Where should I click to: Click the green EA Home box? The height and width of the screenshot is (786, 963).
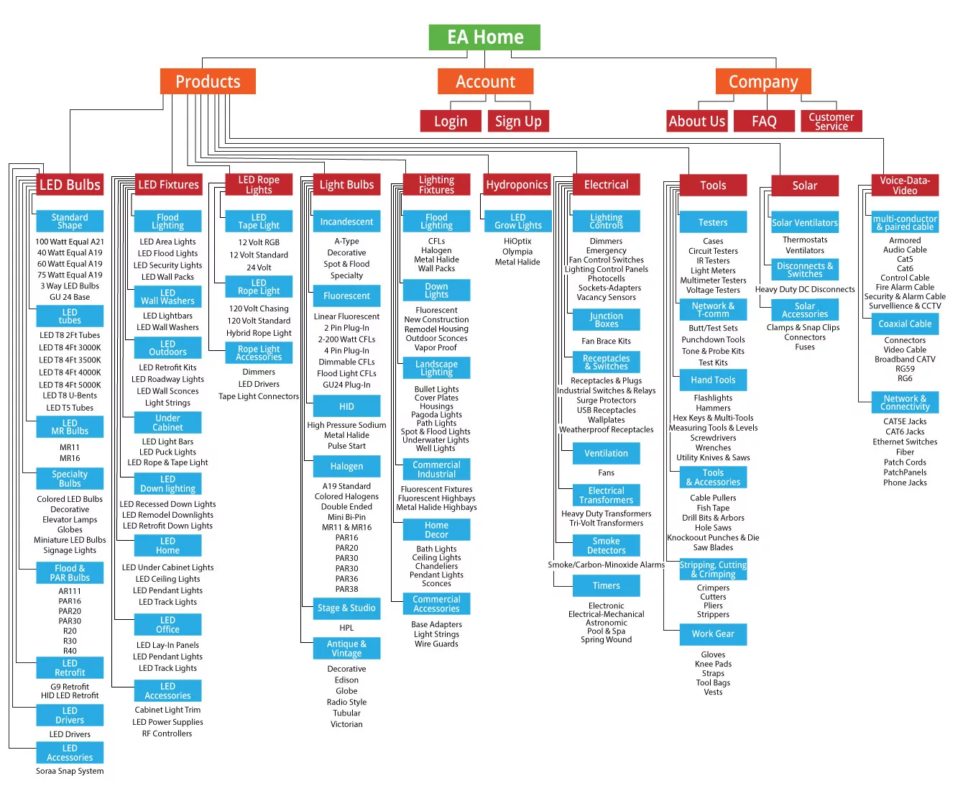pyautogui.click(x=484, y=37)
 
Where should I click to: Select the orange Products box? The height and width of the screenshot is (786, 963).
pyautogui.click(x=208, y=81)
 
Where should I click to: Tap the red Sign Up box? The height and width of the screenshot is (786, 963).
pyautogui.click(x=518, y=121)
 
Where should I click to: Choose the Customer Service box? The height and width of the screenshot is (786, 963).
pyautogui.click(x=831, y=121)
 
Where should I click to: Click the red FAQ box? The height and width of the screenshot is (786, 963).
pyautogui.click(x=764, y=121)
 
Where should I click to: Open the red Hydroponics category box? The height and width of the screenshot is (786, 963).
pyautogui.click(x=517, y=185)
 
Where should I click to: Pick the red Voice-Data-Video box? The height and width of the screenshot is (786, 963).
pyautogui.click(x=905, y=185)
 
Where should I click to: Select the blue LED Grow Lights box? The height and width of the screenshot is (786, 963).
pyautogui.click(x=518, y=221)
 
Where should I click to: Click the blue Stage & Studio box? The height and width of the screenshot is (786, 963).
pyautogui.click(x=346, y=608)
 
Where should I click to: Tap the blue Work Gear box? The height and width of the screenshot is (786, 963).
pyautogui.click(x=713, y=634)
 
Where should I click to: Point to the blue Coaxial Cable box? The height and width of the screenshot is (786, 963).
pyautogui.click(x=905, y=324)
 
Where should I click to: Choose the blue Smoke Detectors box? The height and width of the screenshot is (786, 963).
pyautogui.click(x=606, y=546)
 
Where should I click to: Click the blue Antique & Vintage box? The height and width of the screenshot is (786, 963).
pyautogui.click(x=346, y=649)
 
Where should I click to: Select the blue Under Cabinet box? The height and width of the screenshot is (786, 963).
pyautogui.click(x=167, y=423)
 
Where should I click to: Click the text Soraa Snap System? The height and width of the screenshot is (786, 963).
pyautogui.click(x=70, y=772)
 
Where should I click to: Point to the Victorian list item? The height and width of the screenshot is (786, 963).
pyautogui.click(x=346, y=724)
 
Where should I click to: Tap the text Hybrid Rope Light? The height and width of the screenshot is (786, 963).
pyautogui.click(x=259, y=333)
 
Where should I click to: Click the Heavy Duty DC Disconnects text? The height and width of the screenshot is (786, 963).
pyautogui.click(x=805, y=289)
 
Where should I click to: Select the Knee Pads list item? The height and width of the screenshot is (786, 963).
pyautogui.click(x=713, y=664)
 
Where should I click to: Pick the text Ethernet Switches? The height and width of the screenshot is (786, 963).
pyautogui.click(x=905, y=442)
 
